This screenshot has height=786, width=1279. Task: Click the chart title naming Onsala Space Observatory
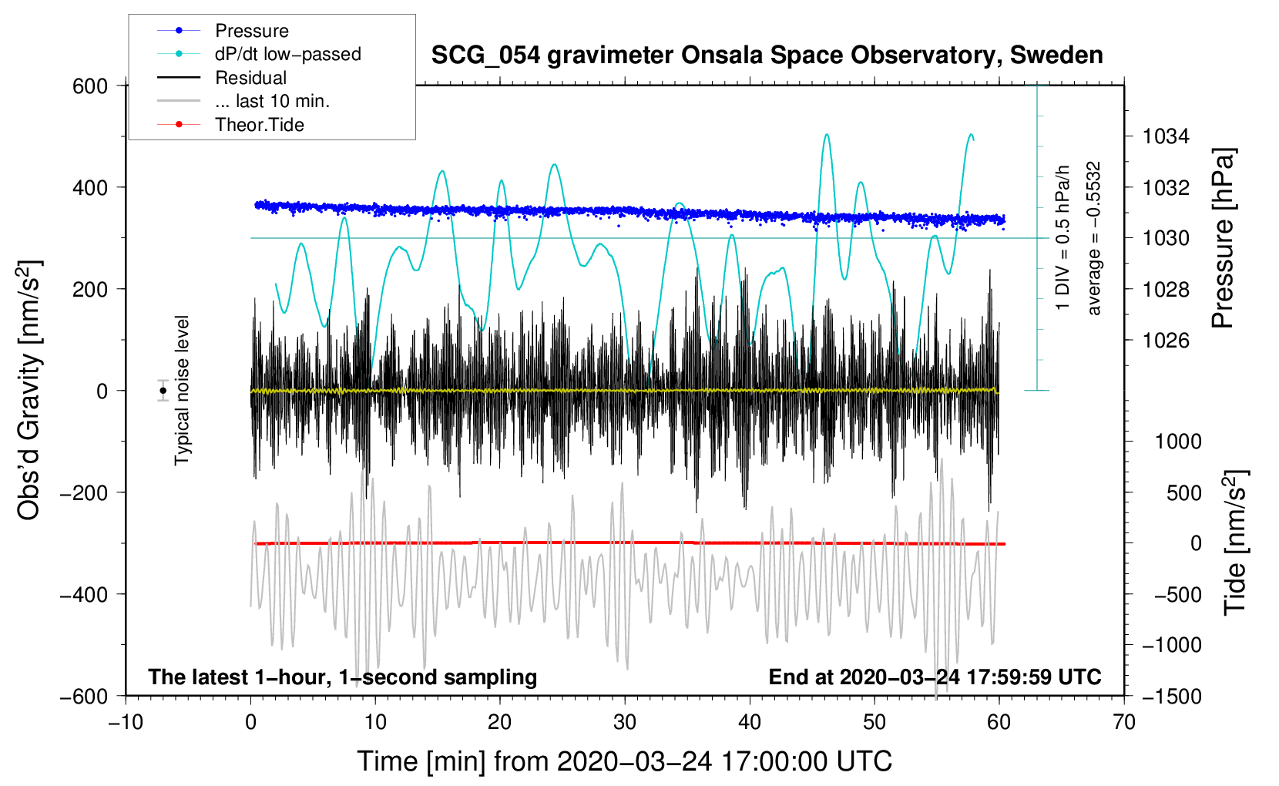pos(767,55)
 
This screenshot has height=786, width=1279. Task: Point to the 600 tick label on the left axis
pos(90,86)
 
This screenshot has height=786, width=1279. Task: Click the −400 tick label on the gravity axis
pos(84,594)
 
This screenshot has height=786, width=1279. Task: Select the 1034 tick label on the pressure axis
pos(1166,136)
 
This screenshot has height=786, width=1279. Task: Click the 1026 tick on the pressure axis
pos(1166,341)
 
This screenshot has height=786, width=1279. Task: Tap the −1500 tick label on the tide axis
pos(1172,697)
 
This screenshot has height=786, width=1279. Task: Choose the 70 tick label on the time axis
pos(1123,722)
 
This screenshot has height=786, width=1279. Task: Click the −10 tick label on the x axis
pos(126,722)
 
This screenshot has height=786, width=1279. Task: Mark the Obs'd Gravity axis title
pos(30,390)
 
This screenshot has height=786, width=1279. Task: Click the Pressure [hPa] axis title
pos(1224,238)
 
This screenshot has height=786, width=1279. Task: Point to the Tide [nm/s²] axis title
pos(1235,542)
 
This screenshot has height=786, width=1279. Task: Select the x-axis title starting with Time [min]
pos(625,761)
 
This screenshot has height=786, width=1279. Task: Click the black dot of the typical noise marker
pos(163,391)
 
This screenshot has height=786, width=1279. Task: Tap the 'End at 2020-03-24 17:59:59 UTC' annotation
pos(935,677)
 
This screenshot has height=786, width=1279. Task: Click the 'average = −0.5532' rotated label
pos(1093,238)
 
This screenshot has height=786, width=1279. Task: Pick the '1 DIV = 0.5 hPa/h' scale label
pos(1062,238)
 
